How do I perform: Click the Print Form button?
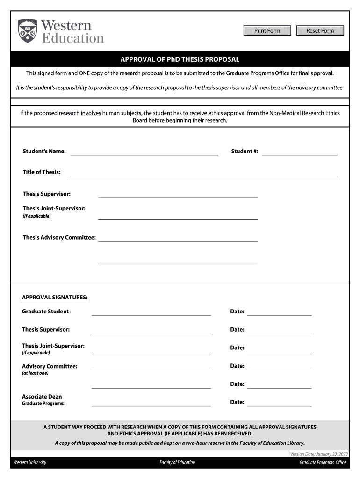tap(267, 31)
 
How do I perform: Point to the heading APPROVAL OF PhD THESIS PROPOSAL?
tap(180, 59)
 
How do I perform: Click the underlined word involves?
tap(91, 113)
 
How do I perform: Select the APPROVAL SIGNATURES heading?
tap(55, 298)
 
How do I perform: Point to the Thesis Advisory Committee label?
tap(59, 238)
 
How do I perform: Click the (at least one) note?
tap(35, 373)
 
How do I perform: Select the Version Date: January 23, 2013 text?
tap(319, 454)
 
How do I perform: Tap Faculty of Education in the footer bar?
tap(177, 463)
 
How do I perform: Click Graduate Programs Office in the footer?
tap(322, 463)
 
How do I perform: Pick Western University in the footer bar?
tap(30, 463)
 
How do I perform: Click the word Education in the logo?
tap(73, 38)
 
